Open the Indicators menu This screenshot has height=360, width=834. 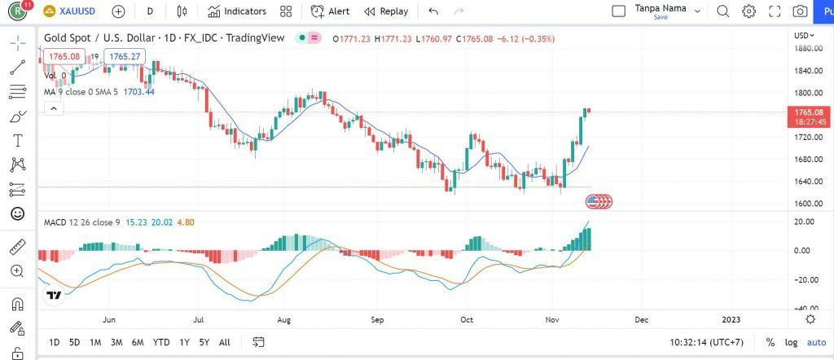click(x=237, y=11)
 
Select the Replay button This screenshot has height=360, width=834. click(x=386, y=11)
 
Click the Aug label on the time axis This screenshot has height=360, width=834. click(x=284, y=320)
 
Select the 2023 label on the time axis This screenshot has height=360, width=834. click(x=732, y=320)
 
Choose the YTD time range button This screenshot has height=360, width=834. click(x=161, y=342)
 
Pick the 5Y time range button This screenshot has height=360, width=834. click(x=204, y=342)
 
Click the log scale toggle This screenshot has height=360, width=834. click(x=791, y=342)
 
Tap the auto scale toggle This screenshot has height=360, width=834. click(x=815, y=342)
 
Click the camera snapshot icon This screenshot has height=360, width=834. click(x=801, y=11)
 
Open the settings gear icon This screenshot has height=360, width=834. click(x=748, y=11)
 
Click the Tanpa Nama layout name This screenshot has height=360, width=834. click(x=660, y=9)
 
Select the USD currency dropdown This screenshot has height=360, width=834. click(x=804, y=36)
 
